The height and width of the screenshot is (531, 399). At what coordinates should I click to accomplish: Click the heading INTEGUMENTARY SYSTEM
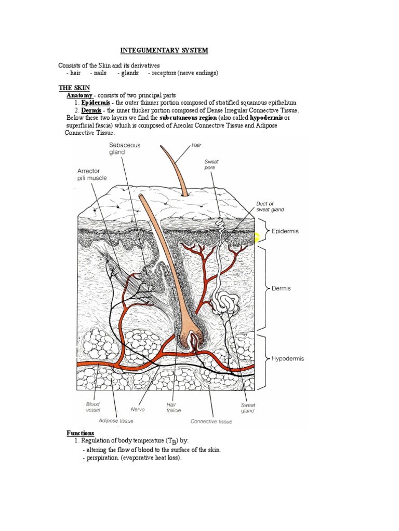(164, 50)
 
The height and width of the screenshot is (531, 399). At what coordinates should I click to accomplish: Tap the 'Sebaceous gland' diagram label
(124, 149)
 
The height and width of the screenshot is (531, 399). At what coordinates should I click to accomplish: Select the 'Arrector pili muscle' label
(92, 174)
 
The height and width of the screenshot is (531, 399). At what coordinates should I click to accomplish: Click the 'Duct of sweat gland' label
(270, 206)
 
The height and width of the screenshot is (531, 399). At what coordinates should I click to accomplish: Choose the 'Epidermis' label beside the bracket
(285, 231)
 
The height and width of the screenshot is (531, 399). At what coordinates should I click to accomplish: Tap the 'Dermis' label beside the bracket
(281, 288)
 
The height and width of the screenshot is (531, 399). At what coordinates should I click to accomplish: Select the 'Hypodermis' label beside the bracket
(288, 358)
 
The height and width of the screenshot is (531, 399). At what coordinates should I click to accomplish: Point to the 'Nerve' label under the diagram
(137, 409)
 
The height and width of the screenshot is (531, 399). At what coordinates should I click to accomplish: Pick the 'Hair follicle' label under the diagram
(174, 407)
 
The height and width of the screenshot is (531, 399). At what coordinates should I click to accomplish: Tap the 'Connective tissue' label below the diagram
(211, 422)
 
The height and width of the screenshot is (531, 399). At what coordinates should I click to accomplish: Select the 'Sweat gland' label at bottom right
(248, 408)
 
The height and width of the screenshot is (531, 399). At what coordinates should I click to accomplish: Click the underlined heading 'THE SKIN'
(73, 89)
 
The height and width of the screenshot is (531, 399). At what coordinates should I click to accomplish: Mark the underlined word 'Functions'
(81, 433)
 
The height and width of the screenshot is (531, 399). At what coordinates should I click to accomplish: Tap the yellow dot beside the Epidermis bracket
(256, 238)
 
